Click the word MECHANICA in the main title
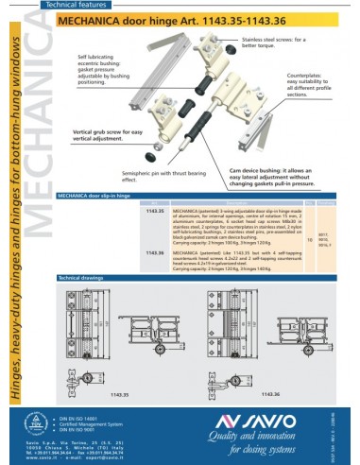110,18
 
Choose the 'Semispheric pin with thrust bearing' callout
159,177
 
